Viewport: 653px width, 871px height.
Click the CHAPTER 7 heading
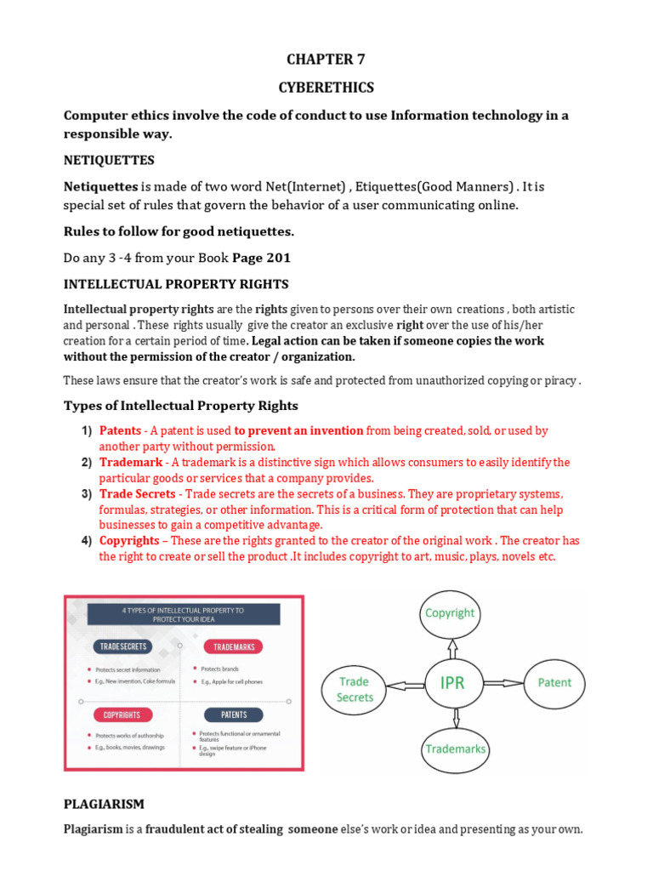(x=326, y=59)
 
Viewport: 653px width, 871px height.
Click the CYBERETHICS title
(x=326, y=88)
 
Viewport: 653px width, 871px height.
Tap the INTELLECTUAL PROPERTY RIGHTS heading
(x=176, y=283)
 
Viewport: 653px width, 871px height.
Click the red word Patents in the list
(x=120, y=431)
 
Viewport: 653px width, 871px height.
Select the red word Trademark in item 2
(x=130, y=463)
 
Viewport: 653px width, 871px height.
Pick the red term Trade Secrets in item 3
(x=138, y=494)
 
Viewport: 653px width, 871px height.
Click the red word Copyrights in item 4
(x=129, y=541)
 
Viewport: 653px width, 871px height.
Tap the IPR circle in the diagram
(x=452, y=682)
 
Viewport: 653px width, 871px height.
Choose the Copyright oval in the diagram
(x=450, y=612)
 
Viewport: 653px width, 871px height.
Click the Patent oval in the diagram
(x=554, y=682)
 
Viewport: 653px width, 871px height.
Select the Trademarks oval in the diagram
(x=455, y=749)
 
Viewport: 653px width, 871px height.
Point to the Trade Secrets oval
(x=355, y=689)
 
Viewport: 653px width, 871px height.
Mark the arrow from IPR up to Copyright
(x=451, y=646)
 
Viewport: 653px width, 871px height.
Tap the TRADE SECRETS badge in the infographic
(x=123, y=646)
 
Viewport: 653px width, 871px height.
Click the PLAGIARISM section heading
(x=105, y=804)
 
